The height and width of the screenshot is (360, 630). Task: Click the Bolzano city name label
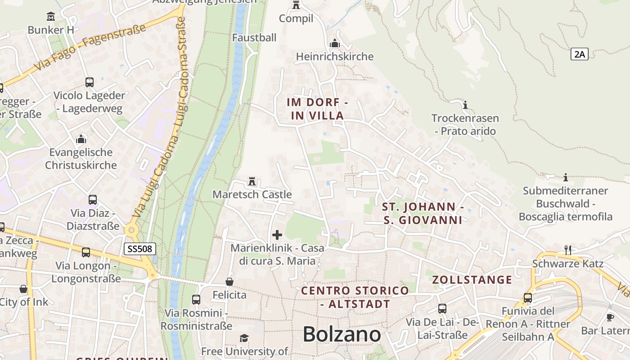click(342, 334)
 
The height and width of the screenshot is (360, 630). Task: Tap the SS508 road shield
click(139, 248)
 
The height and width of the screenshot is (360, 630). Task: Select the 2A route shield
click(580, 54)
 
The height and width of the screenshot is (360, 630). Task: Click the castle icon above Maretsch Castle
click(252, 182)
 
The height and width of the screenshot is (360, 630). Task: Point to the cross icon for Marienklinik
click(277, 234)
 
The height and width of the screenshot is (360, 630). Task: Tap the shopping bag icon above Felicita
click(229, 282)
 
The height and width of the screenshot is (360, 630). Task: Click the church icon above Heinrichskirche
click(334, 44)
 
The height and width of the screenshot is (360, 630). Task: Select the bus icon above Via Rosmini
click(196, 299)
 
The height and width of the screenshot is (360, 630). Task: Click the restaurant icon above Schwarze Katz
click(568, 250)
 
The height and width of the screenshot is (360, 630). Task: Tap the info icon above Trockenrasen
click(465, 105)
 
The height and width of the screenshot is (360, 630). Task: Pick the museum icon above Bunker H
click(51, 17)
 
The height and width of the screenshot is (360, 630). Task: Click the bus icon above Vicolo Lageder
click(89, 82)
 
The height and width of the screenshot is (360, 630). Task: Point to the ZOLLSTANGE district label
click(472, 280)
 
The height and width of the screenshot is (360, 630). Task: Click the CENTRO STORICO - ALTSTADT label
click(355, 297)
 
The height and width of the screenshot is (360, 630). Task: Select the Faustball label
click(254, 38)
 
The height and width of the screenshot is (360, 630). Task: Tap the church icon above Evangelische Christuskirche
click(81, 139)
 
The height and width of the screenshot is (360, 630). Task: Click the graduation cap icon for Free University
click(244, 338)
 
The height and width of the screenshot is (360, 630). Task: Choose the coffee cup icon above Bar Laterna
click(610, 317)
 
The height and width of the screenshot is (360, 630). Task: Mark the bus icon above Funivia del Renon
click(527, 297)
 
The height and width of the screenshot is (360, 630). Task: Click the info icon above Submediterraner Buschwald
click(566, 177)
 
